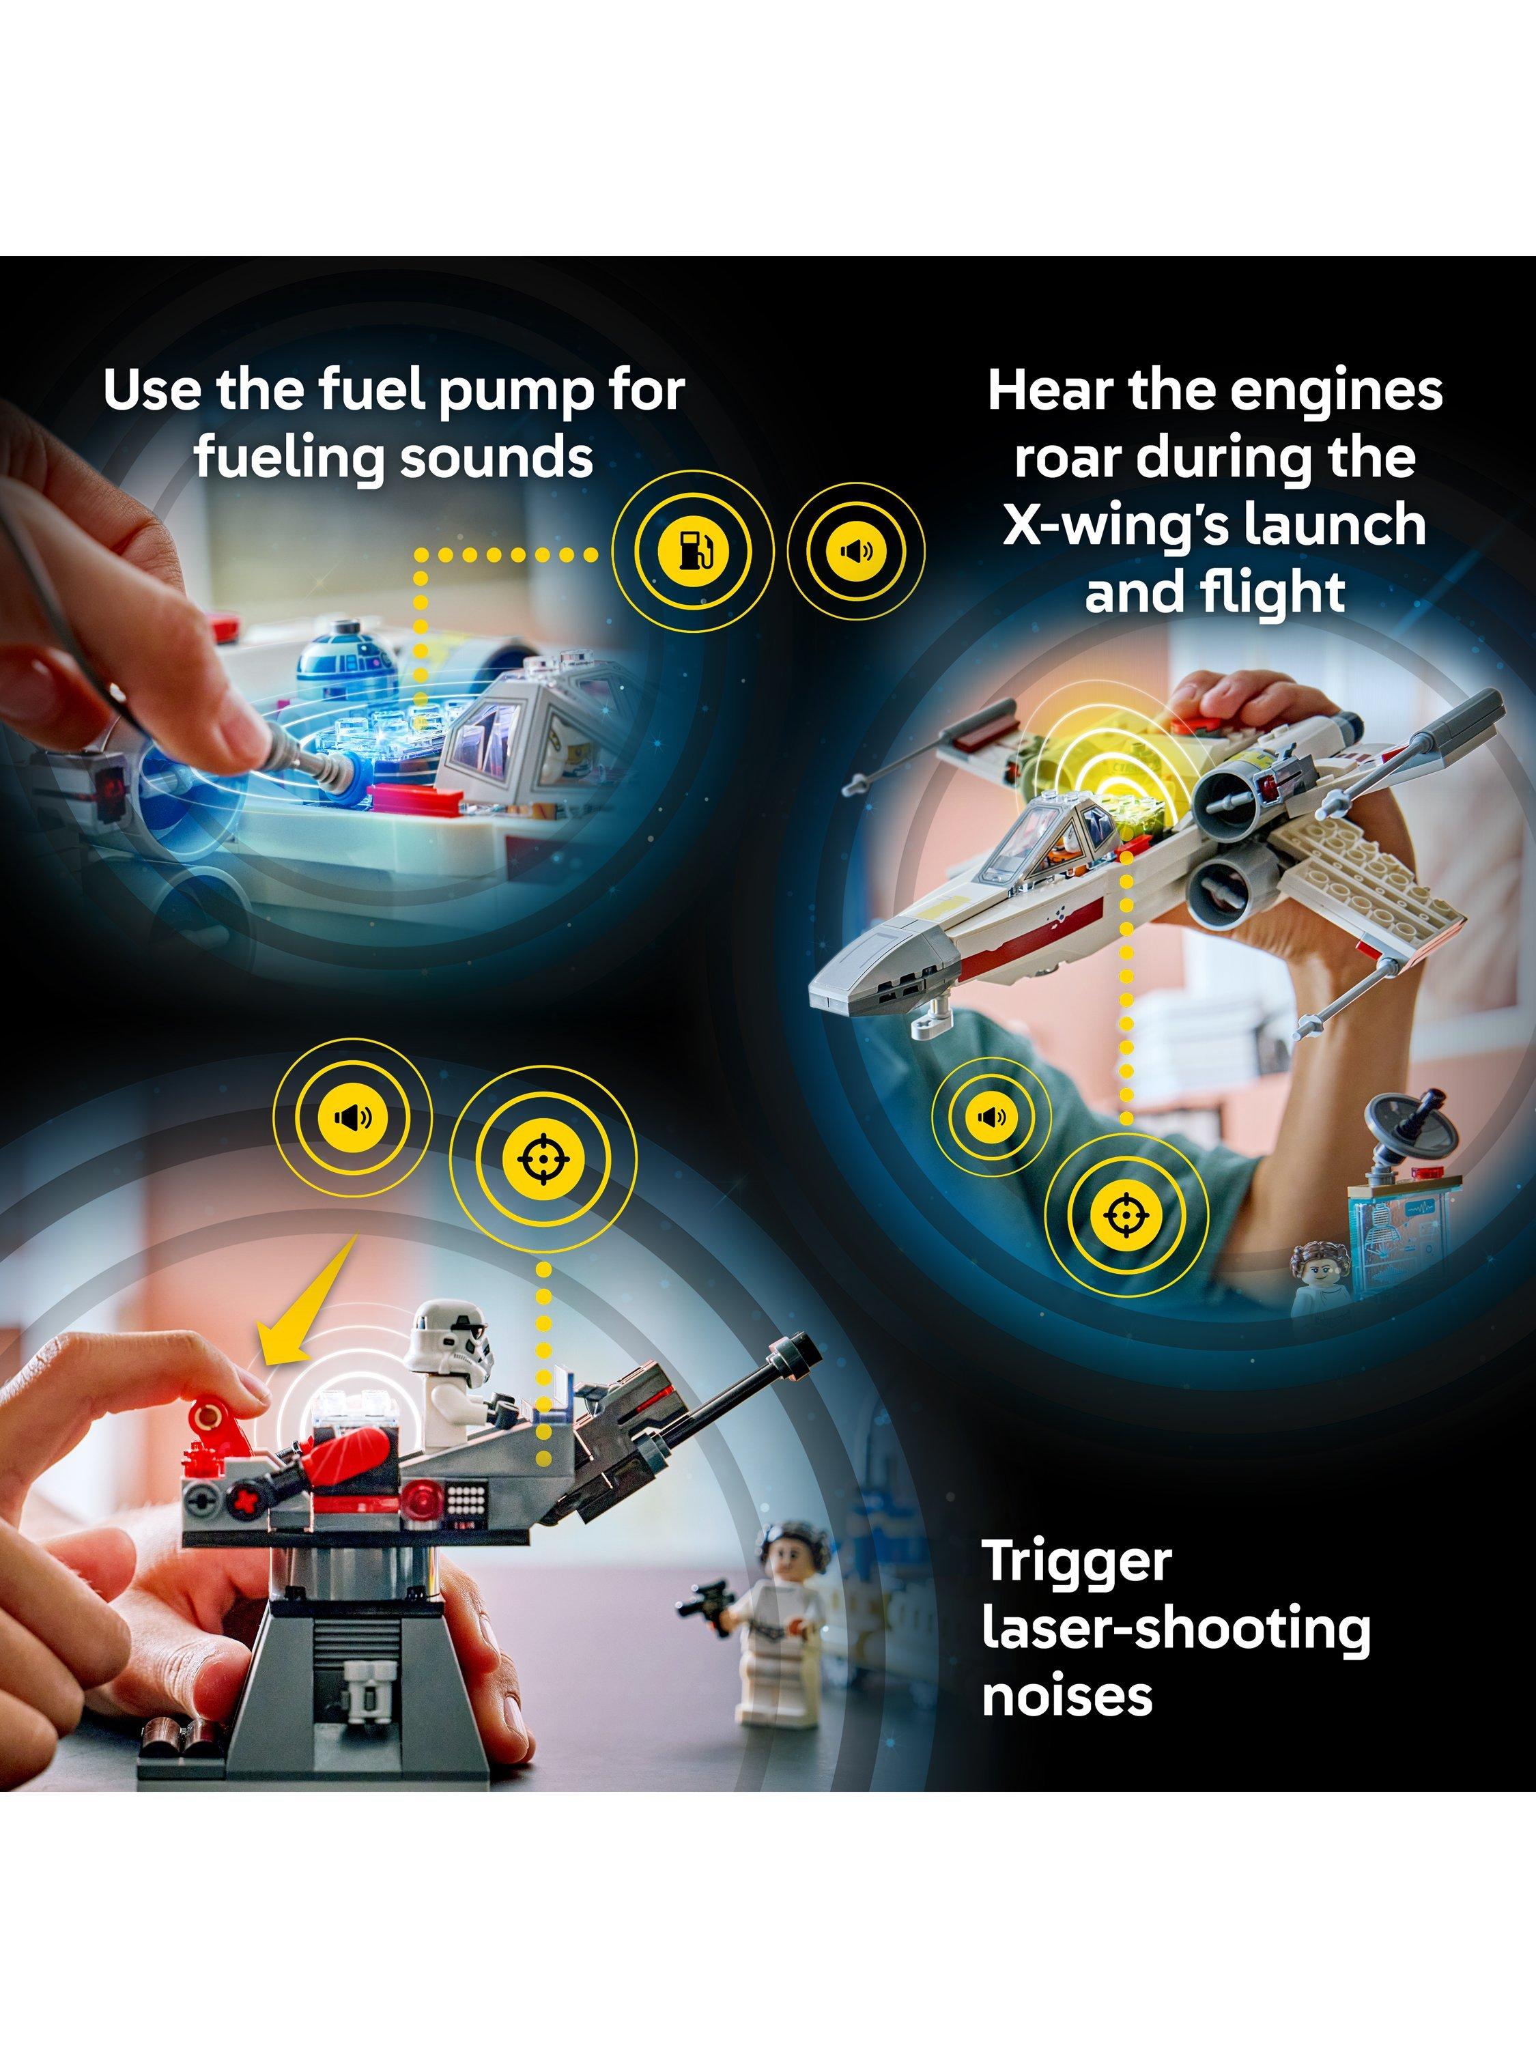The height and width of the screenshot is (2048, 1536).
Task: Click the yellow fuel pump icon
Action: (x=692, y=552)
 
